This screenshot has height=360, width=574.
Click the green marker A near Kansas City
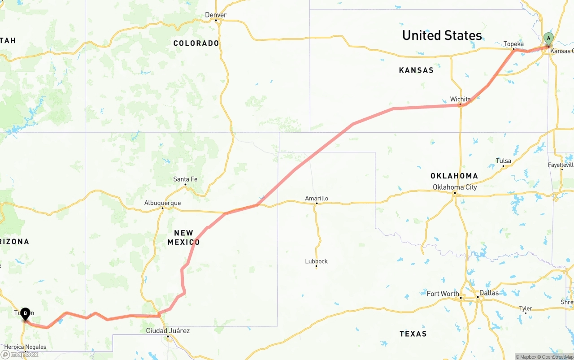pyautogui.click(x=548, y=39)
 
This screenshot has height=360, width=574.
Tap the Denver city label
pyautogui.click(x=216, y=15)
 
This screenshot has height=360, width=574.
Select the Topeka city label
pyautogui.click(x=513, y=44)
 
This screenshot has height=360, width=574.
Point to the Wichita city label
pyautogui.click(x=461, y=99)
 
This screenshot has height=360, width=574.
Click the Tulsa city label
pyautogui.click(x=504, y=161)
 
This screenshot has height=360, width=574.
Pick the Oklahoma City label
pyautogui.click(x=455, y=187)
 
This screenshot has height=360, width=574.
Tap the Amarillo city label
pyautogui.click(x=317, y=198)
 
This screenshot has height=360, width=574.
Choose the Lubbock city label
pyautogui.click(x=317, y=261)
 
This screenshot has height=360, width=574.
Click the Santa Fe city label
pyautogui.click(x=185, y=179)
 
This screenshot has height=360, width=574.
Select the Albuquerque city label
pyautogui.click(x=162, y=203)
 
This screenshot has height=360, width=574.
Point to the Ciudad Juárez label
pyautogui.click(x=168, y=331)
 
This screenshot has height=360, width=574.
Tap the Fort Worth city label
pyautogui.click(x=443, y=294)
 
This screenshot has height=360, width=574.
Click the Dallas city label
pyautogui.click(x=489, y=293)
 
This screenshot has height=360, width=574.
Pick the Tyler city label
pyautogui.click(x=526, y=308)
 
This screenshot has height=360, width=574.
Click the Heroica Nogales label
pyautogui.click(x=25, y=347)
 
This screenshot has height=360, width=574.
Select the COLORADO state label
pyautogui.click(x=196, y=43)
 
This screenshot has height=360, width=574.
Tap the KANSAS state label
pyautogui.click(x=416, y=70)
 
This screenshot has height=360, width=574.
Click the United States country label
pyautogui.click(x=442, y=35)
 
